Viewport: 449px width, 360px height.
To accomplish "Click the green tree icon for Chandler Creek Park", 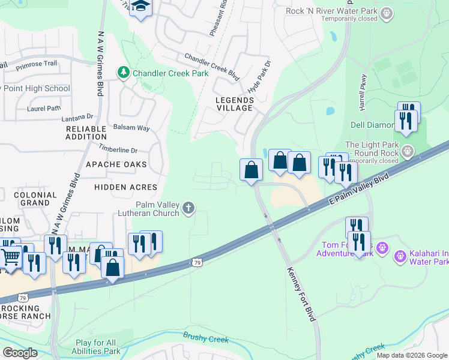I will [x=124, y=73].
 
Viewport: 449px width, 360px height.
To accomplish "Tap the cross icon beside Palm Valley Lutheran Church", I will [x=188, y=208].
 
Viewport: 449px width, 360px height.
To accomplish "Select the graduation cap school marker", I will [x=141, y=7].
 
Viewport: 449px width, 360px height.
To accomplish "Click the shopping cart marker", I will [x=10, y=257].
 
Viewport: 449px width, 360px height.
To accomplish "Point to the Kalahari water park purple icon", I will [x=400, y=257].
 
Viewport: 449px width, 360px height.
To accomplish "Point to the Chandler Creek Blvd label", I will [x=212, y=65].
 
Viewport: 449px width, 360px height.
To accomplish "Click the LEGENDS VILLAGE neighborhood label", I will [x=235, y=104].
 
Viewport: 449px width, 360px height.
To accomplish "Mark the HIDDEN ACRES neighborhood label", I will [x=126, y=187].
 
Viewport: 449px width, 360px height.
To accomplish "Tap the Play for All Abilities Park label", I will [x=98, y=347].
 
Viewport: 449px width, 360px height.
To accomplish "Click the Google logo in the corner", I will [x=20, y=353].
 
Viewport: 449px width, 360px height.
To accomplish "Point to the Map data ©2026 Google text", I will [x=411, y=355].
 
